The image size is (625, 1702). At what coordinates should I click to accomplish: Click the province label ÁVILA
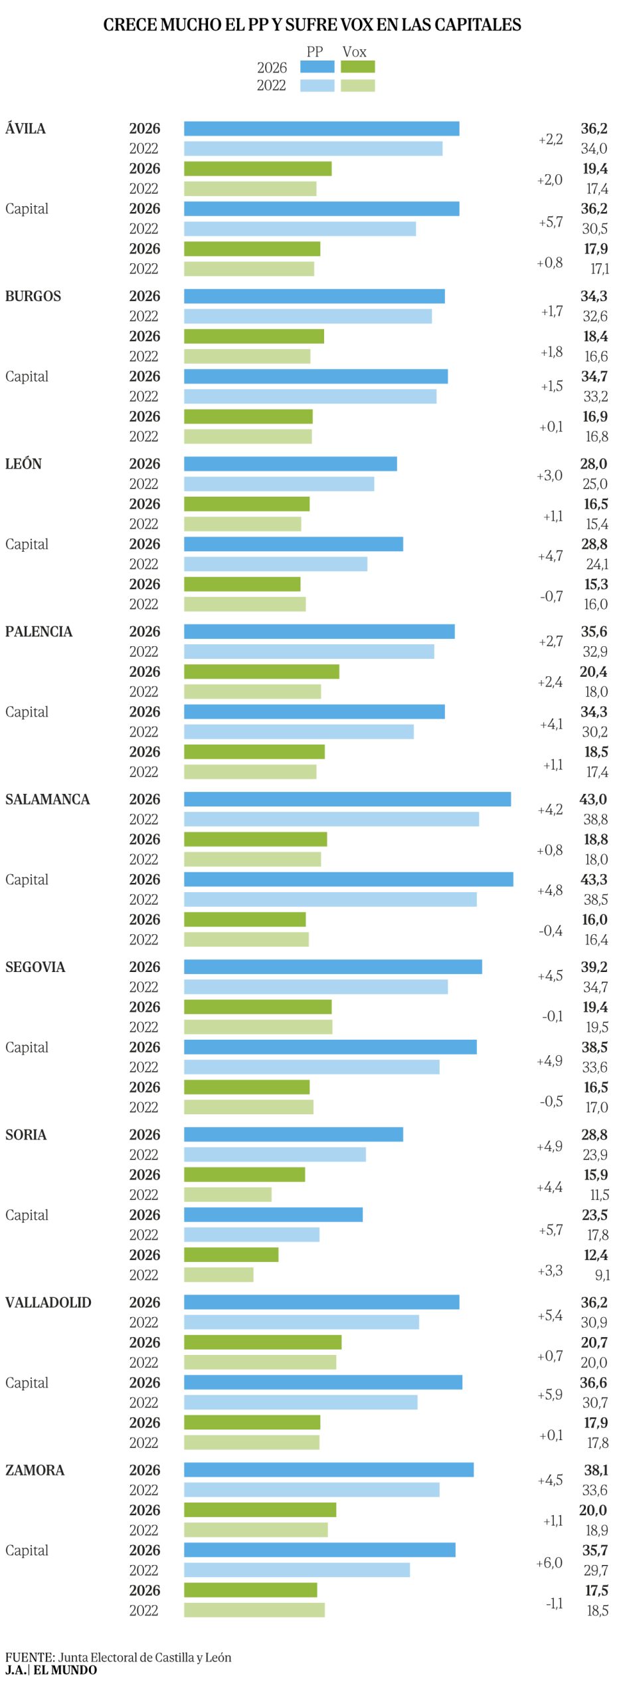pos(25,128)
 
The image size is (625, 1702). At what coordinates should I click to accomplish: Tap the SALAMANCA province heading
pos(47,799)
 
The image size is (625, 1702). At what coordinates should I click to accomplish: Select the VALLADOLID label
pos(48,1302)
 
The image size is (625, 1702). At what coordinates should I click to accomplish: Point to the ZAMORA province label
pos(35,1469)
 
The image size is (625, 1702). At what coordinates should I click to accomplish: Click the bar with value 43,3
pos(348,879)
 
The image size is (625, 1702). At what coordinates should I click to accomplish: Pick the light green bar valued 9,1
pos(219,1275)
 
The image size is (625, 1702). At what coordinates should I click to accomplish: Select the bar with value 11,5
pos(227,1194)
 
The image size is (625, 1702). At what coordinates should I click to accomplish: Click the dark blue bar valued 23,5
pos(273,1214)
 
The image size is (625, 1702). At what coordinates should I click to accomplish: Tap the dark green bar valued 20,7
pos(262,1342)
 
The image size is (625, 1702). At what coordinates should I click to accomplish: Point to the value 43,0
pos(592,799)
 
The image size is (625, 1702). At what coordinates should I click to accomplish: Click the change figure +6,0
pos(549,1562)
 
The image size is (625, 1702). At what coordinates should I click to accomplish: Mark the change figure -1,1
pos(554,1603)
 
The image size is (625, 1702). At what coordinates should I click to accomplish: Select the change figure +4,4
pos(549,1187)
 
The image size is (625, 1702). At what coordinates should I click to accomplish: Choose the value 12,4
pos(595,1255)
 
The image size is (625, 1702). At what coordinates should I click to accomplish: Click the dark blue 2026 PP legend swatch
pos(317,66)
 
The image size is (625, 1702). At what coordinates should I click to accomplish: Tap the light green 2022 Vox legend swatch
pos(357,85)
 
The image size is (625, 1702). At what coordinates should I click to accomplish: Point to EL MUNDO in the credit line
pos(65,1669)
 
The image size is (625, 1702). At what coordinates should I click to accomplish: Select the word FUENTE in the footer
pos(29,1657)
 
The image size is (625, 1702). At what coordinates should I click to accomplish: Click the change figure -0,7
pos(551,596)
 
